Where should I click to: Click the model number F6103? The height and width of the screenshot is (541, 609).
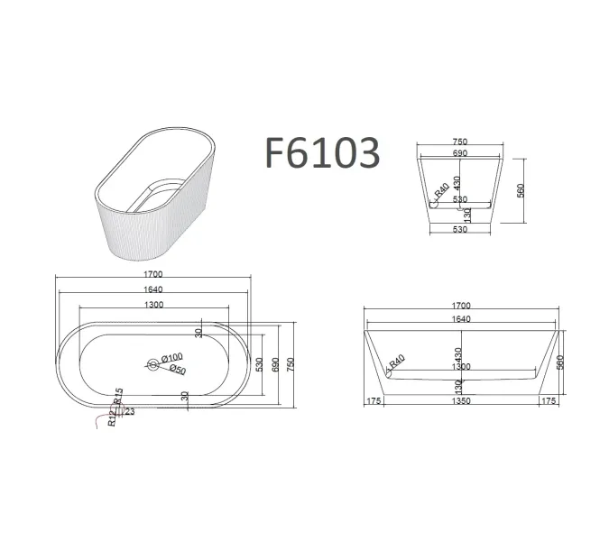click(x=321, y=152)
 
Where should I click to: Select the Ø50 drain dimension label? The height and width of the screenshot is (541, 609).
click(x=176, y=370)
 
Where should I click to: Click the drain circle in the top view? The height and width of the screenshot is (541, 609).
click(x=151, y=364)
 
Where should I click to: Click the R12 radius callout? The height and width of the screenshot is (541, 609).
click(x=111, y=417)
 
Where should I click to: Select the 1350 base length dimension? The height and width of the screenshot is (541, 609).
click(x=462, y=401)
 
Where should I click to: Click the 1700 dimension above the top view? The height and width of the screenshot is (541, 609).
click(x=154, y=274)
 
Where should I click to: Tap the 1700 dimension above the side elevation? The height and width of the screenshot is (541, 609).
click(x=462, y=306)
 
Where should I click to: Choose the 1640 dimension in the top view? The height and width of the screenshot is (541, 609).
click(x=154, y=289)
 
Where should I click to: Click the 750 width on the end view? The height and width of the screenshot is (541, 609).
click(x=461, y=142)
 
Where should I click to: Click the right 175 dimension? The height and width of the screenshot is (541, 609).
click(x=549, y=401)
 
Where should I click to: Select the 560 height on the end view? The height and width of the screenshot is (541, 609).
click(x=521, y=190)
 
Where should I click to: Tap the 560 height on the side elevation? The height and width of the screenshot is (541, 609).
click(x=560, y=362)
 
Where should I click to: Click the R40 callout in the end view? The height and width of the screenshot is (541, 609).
click(x=441, y=192)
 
